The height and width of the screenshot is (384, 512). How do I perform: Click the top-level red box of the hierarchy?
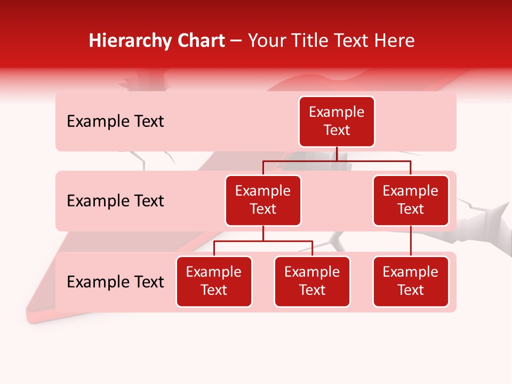click(x=337, y=122)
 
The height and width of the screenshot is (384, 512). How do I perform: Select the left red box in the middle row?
click(x=263, y=201)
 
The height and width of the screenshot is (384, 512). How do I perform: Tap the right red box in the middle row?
click(x=411, y=201)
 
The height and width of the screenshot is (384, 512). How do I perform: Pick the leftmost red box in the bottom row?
click(x=214, y=282)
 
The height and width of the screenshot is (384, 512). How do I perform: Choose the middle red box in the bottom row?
click(x=312, y=282)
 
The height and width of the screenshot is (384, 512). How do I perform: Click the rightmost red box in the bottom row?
click(x=411, y=282)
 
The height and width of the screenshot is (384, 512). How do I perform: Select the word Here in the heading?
click(x=395, y=41)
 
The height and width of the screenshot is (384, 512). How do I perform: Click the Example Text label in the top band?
click(x=115, y=122)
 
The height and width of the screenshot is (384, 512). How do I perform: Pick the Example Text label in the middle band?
click(x=115, y=201)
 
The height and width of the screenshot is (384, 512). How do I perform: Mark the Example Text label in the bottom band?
click(x=115, y=282)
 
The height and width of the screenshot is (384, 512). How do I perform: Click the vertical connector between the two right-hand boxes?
click(x=411, y=241)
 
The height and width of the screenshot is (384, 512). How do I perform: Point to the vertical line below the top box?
click(x=337, y=154)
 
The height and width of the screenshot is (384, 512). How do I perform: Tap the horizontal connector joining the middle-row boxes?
click(x=337, y=160)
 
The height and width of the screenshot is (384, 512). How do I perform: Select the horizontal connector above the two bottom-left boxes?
click(x=263, y=241)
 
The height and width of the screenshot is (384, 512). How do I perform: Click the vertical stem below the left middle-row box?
click(x=263, y=233)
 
